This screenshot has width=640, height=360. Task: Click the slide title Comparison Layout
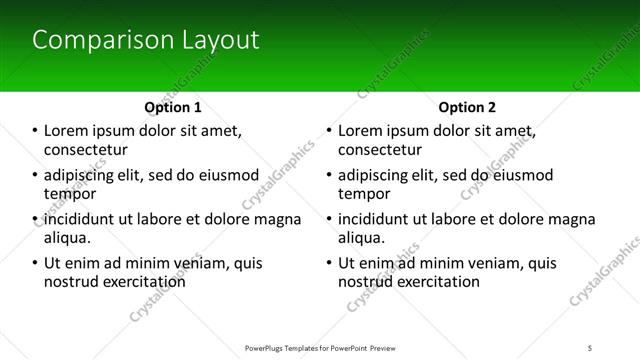click(146, 40)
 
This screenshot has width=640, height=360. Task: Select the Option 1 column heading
click(173, 107)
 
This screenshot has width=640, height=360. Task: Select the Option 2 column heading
click(467, 107)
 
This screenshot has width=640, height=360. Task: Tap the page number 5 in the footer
click(591, 348)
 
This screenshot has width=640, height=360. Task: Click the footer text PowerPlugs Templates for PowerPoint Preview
click(319, 348)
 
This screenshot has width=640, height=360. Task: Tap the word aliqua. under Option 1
click(68, 238)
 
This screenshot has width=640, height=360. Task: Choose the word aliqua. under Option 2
click(362, 238)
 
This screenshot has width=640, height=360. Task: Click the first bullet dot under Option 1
click(35, 131)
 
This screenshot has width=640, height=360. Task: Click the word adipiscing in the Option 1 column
click(84, 175)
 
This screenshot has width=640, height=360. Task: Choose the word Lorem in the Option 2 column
click(361, 131)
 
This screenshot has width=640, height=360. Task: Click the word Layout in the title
click(219, 40)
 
